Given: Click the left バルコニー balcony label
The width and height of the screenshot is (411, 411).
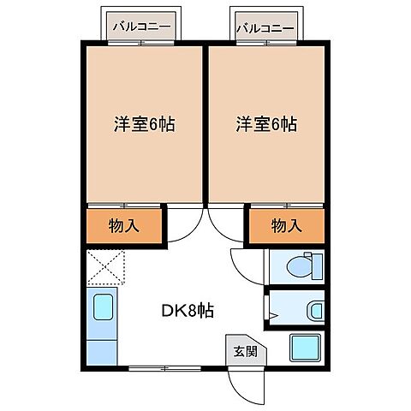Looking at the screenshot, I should click(142, 28).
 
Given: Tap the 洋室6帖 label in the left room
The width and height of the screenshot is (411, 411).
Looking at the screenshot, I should click(144, 124).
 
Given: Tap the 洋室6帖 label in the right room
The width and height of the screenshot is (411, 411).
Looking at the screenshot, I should click(266, 124).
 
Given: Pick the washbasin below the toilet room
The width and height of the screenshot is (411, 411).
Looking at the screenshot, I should click(313, 310).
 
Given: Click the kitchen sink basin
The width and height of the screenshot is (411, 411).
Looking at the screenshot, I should click(101, 308).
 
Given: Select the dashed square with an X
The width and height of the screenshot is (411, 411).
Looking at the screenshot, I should click(104, 267).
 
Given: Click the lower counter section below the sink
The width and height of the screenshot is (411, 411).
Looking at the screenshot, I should click(101, 349).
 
